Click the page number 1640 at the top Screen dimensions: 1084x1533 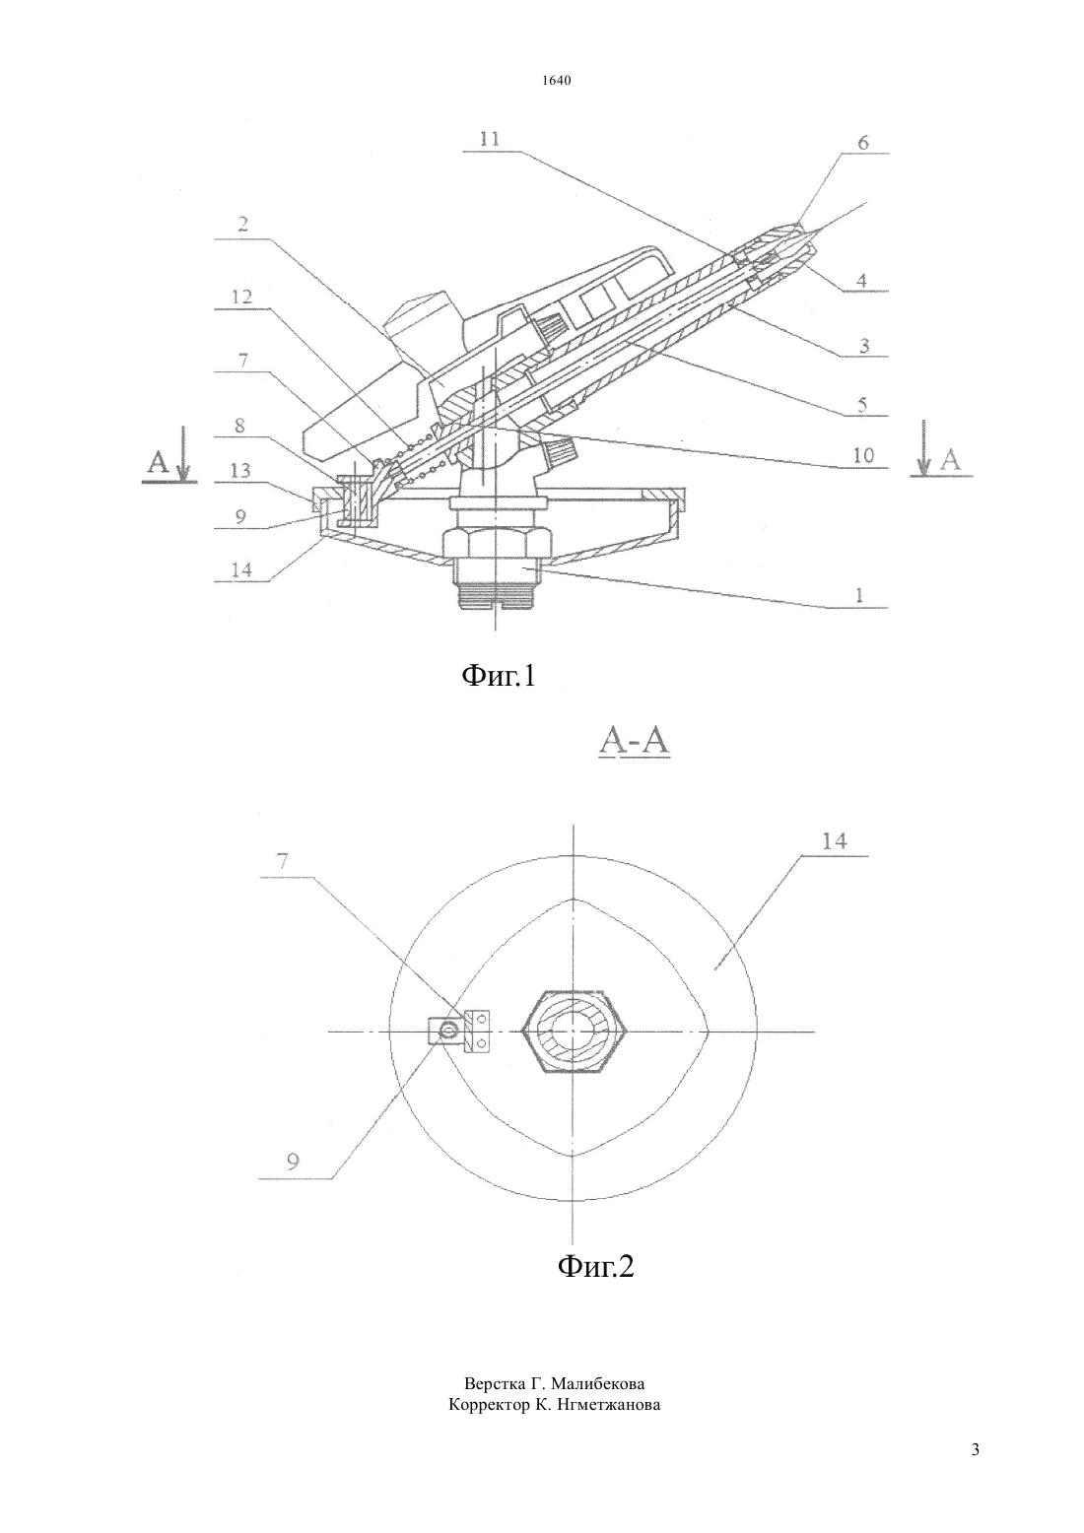click(556, 81)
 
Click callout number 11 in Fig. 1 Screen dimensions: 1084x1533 click(490, 139)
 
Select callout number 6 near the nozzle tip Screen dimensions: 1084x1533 click(863, 142)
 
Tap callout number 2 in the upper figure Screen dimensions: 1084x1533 click(243, 225)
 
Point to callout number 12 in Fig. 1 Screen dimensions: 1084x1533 click(242, 297)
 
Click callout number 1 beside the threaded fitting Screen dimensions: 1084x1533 click(860, 595)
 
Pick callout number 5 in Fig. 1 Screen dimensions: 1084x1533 click(862, 404)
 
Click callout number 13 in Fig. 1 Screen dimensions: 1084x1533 click(240, 470)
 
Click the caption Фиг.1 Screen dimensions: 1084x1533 click(499, 676)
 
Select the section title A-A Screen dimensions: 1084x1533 click(635, 741)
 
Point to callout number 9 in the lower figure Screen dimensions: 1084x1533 click(293, 1163)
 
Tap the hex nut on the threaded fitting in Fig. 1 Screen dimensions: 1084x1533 click(497, 543)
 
